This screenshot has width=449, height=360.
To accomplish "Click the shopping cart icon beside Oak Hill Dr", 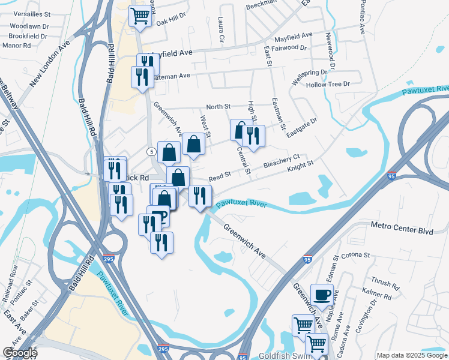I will [x=140, y=15].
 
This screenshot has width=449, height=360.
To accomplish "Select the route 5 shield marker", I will [x=152, y=152].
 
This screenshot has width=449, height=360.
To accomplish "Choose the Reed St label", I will [x=220, y=178].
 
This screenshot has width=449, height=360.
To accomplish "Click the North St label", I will [x=218, y=107].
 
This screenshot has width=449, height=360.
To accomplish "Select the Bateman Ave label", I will [x=170, y=76].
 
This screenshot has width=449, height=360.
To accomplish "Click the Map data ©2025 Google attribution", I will [x=412, y=355].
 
